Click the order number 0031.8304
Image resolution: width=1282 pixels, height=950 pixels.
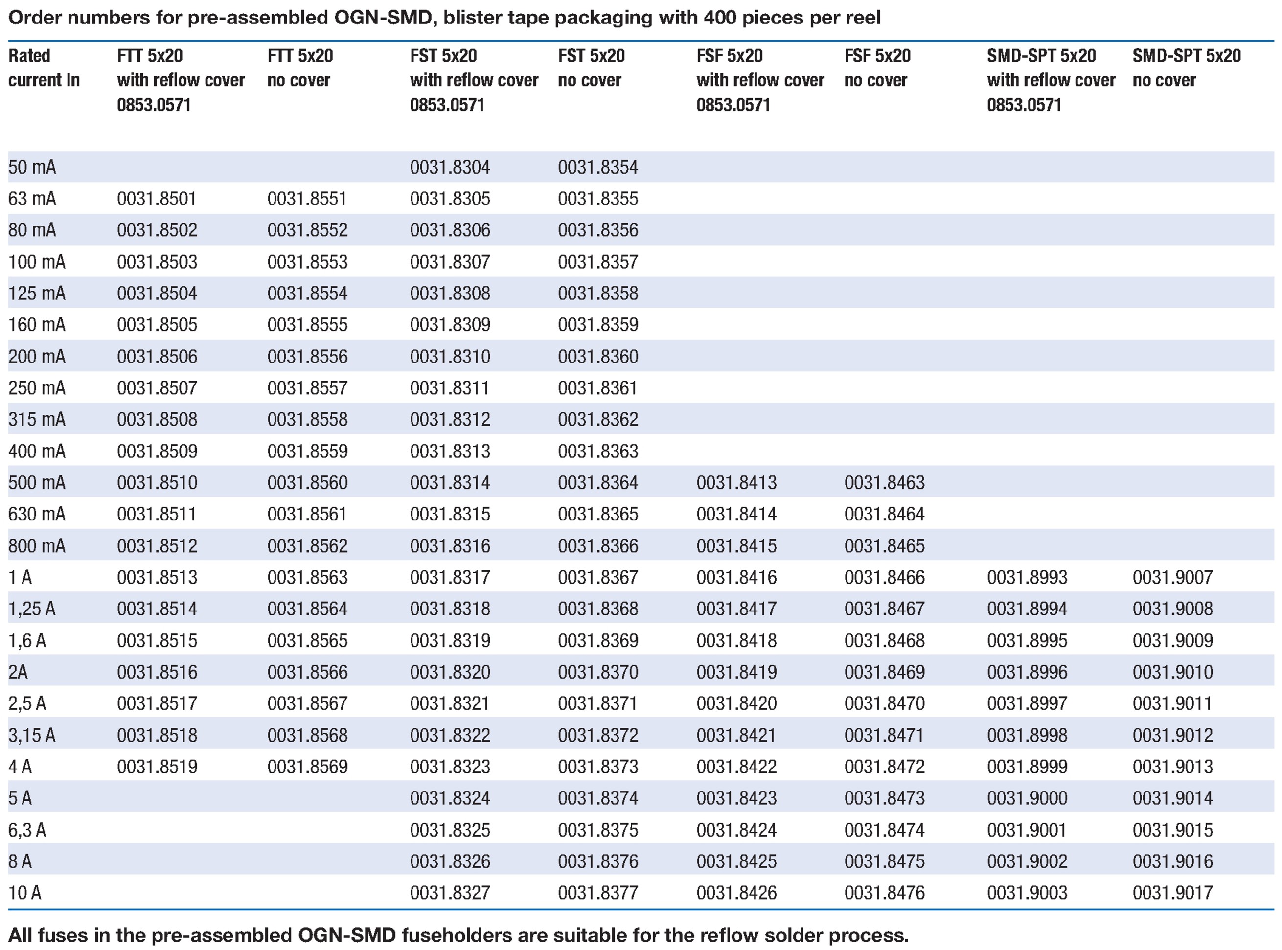450,167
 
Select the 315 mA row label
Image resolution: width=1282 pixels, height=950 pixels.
37,419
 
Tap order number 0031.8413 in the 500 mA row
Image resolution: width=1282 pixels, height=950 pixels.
736,482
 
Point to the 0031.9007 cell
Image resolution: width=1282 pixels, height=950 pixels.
1173,577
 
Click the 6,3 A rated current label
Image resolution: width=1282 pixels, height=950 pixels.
27,829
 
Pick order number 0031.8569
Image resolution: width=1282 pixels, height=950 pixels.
307,767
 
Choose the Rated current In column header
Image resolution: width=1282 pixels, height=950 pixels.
44,68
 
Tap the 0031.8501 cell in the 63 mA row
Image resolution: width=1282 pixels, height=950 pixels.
157,199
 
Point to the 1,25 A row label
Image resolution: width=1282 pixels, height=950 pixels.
32,609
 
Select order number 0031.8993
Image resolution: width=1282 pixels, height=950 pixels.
1027,577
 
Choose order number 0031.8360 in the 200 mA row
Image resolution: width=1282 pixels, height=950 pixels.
597,357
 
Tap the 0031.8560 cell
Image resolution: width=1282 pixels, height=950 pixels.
307,482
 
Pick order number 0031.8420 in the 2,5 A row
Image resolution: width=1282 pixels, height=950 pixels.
736,703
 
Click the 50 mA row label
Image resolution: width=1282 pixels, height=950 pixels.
32,167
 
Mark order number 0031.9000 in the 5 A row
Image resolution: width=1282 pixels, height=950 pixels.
1027,798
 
